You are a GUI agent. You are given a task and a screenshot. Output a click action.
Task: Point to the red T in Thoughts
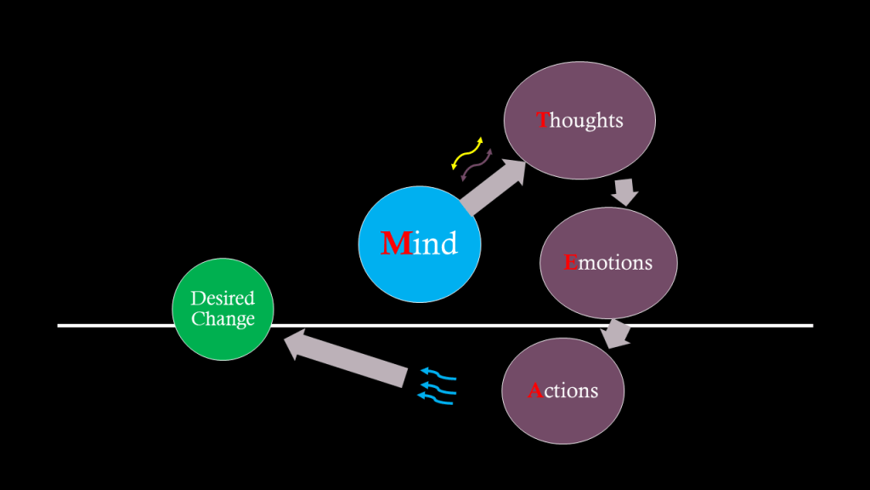click(544, 120)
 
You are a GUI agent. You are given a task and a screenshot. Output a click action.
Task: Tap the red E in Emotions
click(570, 262)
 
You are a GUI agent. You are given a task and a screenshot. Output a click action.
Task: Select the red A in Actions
click(534, 391)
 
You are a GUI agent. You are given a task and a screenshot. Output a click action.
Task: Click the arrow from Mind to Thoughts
click(494, 188)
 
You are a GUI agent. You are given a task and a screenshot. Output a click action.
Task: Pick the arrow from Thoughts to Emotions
click(625, 191)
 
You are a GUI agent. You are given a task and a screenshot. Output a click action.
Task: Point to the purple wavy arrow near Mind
click(477, 164)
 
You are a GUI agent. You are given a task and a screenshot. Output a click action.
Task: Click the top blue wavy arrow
click(438, 374)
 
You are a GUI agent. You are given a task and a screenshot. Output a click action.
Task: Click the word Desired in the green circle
click(223, 299)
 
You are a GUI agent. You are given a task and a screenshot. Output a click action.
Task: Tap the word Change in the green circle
click(223, 320)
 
